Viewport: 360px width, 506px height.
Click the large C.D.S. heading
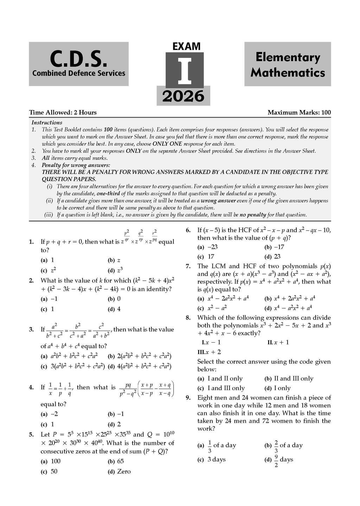(x=78, y=59)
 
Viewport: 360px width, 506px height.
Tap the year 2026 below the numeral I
(x=183, y=96)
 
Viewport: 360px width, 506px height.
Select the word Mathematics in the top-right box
(x=288, y=73)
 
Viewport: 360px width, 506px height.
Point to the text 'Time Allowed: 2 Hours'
(x=63, y=112)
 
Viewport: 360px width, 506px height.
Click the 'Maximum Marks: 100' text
(x=299, y=112)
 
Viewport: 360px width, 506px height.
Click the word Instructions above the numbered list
(x=47, y=123)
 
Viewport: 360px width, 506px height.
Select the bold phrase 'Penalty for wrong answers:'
(x=76, y=165)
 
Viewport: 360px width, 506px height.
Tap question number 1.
(x=31, y=242)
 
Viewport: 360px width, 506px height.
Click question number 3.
(x=31, y=330)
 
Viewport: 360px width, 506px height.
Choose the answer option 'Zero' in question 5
(x=123, y=472)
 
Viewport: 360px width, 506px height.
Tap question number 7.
(x=188, y=266)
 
